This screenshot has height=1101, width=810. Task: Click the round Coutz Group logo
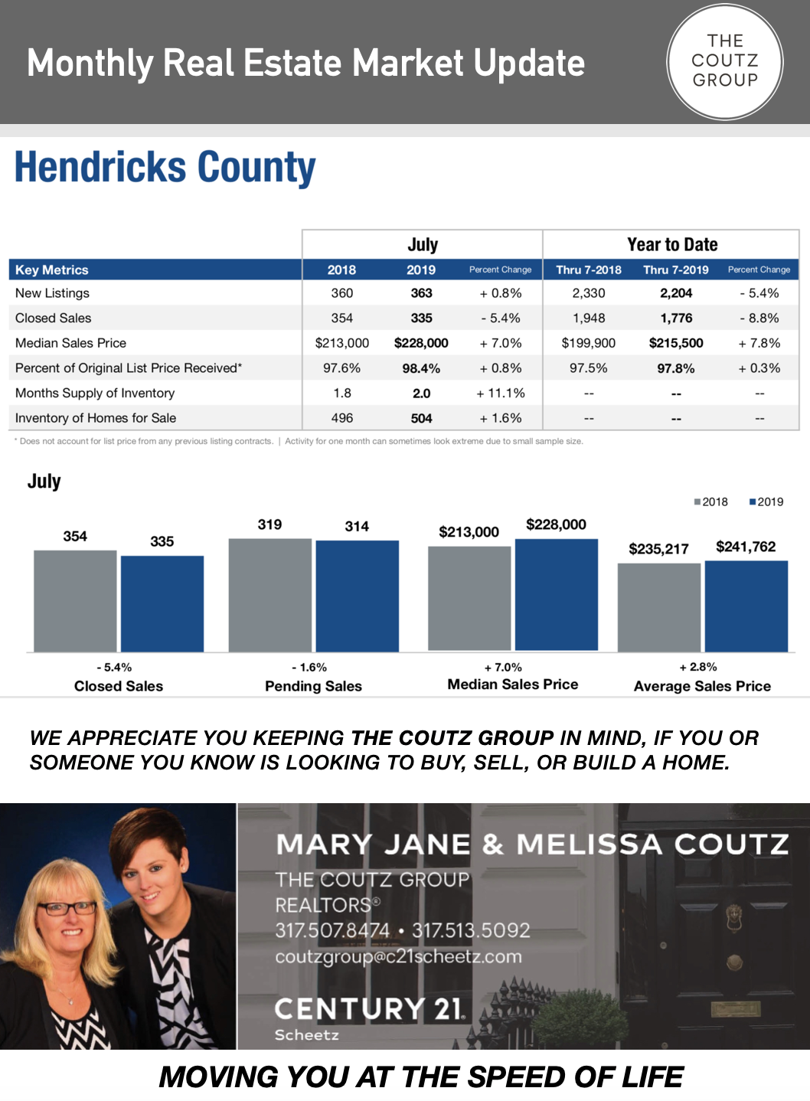[724, 62]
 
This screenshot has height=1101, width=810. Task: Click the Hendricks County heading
[165, 167]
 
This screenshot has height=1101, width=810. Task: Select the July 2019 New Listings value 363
[421, 293]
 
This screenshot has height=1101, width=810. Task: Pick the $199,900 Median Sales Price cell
[588, 343]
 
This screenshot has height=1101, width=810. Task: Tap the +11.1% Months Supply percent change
[501, 394]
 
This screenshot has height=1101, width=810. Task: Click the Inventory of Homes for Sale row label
[96, 418]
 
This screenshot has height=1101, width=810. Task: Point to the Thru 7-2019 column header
[676, 270]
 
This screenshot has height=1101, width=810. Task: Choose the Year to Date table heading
[672, 244]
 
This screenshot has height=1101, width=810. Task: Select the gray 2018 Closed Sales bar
[75, 601]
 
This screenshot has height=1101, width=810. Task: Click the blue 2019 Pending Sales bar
[358, 596]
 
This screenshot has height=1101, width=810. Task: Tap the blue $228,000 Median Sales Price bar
[557, 595]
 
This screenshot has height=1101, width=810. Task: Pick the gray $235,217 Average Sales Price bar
[659, 607]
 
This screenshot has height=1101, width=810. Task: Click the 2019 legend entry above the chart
[766, 501]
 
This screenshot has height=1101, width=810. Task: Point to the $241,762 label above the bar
[746, 547]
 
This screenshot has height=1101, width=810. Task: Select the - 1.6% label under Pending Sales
[309, 667]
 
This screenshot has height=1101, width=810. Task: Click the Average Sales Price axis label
[702, 686]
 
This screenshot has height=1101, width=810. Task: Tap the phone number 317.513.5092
[471, 930]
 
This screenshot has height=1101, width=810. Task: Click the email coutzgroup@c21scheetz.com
[399, 956]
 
